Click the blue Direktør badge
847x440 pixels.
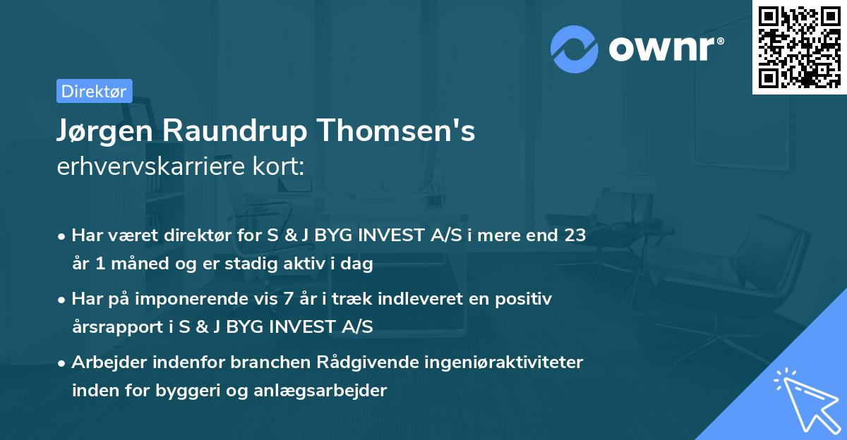94,91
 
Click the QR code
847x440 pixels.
800,47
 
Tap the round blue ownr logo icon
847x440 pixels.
575,49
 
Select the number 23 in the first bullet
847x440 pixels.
574,235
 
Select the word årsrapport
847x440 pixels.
109,326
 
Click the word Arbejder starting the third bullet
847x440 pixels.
106,362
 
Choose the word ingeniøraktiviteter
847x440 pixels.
503,362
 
